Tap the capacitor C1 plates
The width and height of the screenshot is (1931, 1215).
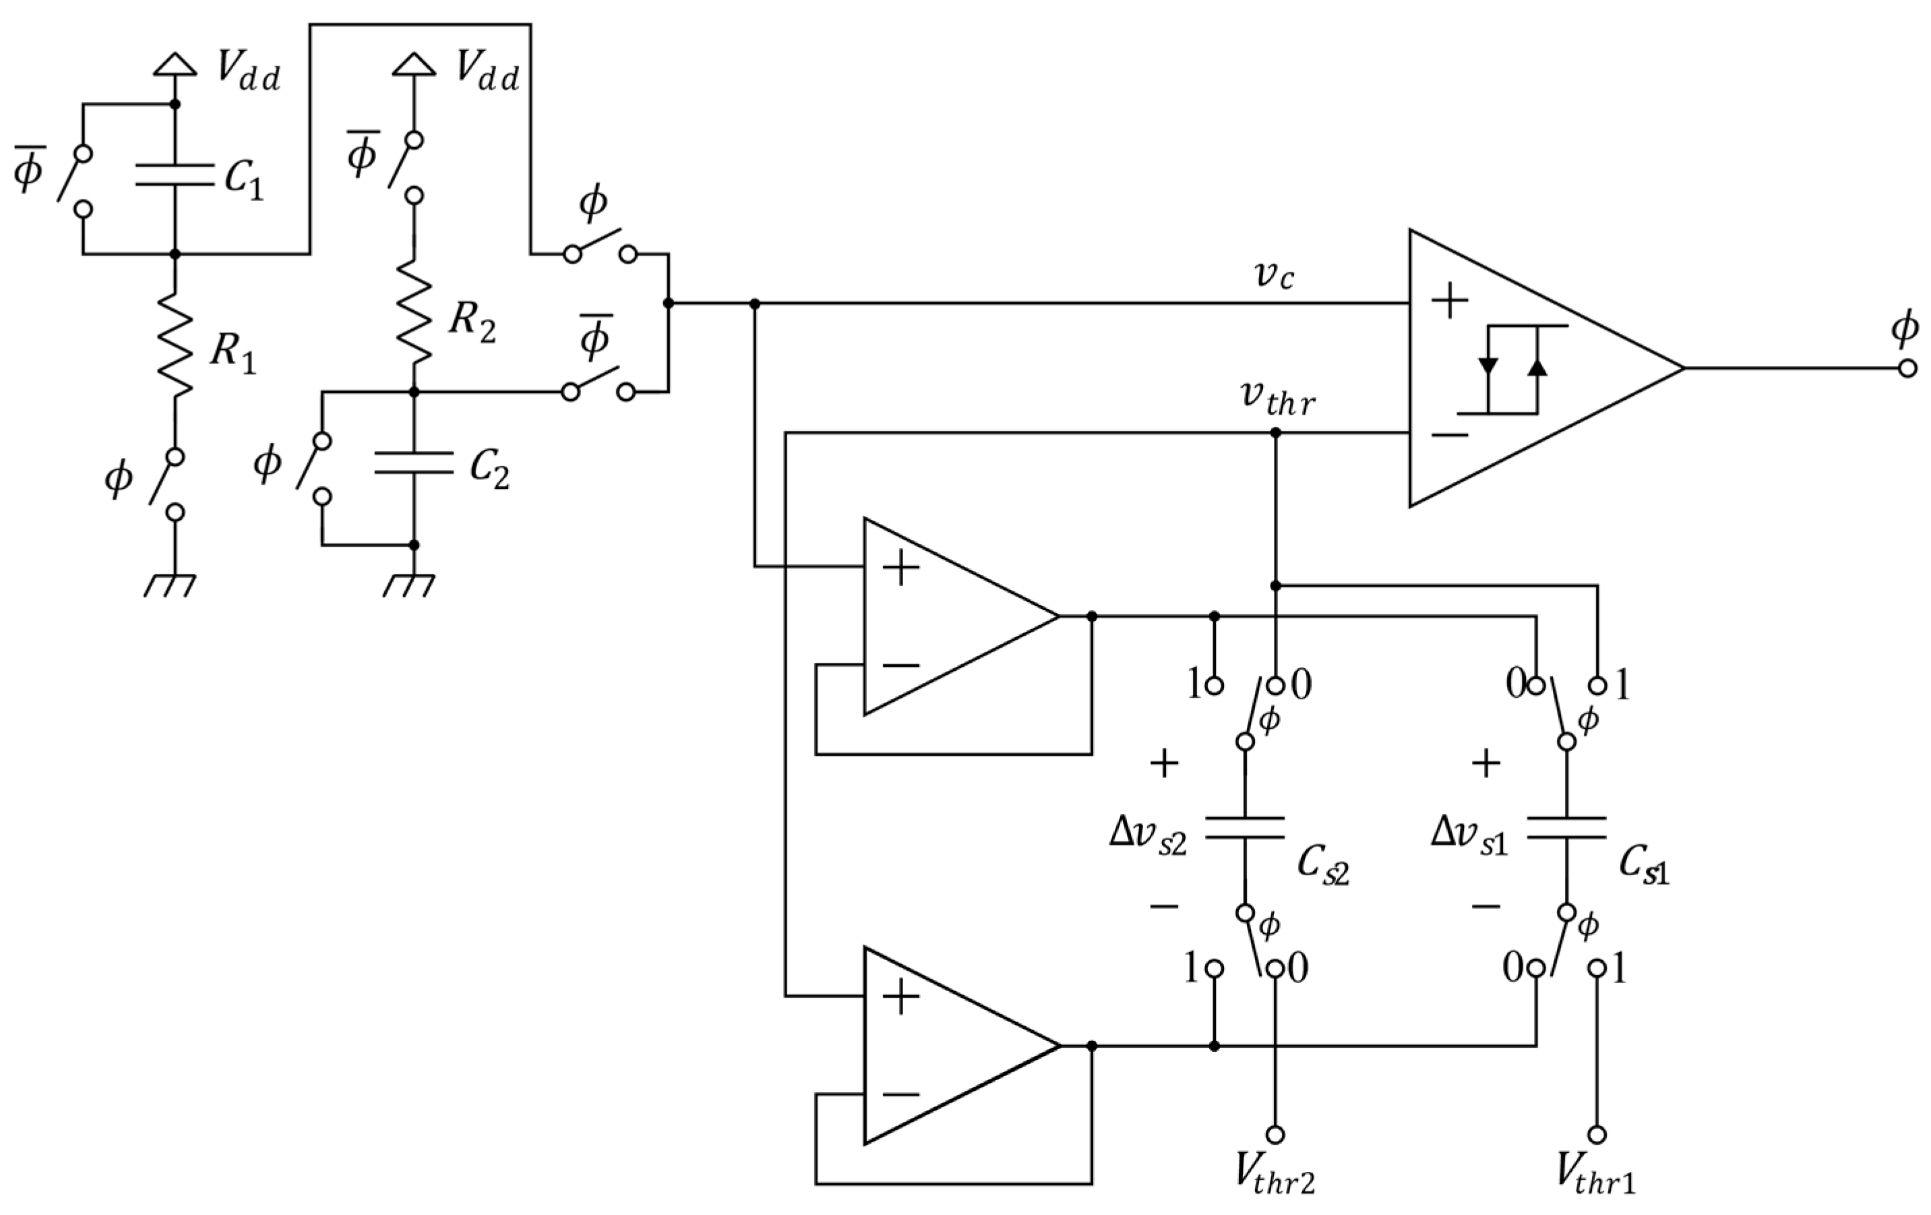(x=175, y=175)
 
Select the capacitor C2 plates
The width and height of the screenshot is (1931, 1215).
(x=414, y=463)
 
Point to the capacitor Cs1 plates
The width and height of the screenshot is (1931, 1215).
(x=1566, y=829)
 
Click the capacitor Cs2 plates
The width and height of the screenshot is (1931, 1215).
(x=1245, y=829)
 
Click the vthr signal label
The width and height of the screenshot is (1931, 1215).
(x=1277, y=398)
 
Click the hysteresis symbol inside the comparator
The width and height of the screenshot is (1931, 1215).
(x=1512, y=369)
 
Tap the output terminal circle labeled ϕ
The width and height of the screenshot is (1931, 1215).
(x=1907, y=368)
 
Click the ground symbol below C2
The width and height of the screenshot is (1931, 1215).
(x=409, y=585)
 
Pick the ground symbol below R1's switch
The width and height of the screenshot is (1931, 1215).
(x=170, y=585)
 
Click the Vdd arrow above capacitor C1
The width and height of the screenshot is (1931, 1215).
(x=175, y=64)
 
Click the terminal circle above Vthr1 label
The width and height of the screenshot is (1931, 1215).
(x=1597, y=1134)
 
